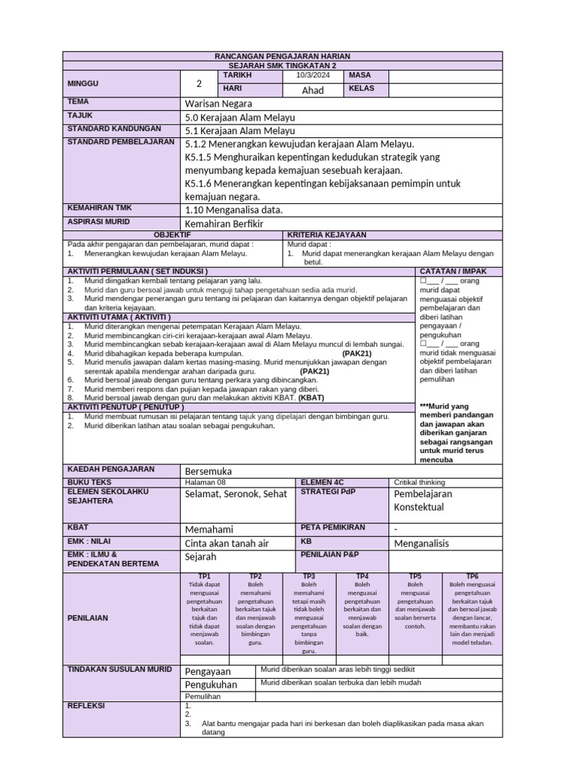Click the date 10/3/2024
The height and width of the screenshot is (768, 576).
pos(313,76)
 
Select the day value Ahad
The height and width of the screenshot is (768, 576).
pos(313,90)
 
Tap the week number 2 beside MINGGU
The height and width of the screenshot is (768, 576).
pos(199,83)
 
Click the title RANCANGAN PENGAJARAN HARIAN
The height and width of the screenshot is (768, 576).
pos(283,56)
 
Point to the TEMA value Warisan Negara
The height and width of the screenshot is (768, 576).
pos(218,103)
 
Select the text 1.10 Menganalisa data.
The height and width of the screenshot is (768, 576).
pos(233,210)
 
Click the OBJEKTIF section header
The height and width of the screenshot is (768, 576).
pos(172,235)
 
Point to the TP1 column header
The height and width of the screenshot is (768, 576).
pos(204,576)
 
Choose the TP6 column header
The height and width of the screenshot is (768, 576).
pos(472,576)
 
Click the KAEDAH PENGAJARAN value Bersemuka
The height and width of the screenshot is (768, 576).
pos(208,470)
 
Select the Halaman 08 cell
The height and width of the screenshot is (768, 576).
pos(205,482)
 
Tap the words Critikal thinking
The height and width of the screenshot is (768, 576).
pos(419,482)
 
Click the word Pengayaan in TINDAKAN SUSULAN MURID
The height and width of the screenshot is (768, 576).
pos(208,671)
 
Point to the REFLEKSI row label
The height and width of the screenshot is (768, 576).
pos(86,706)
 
